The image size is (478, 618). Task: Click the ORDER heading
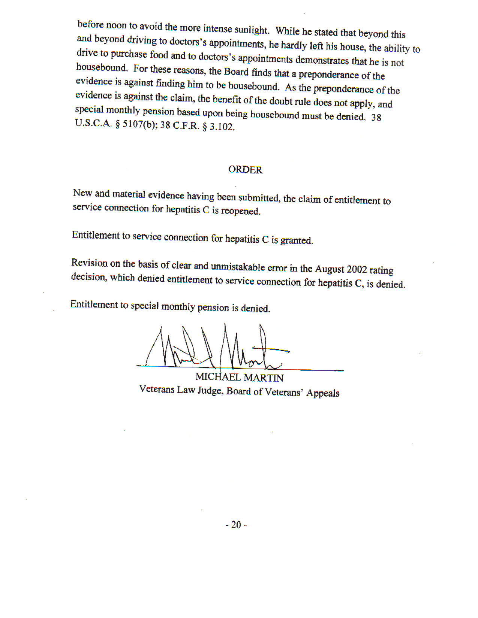(x=245, y=170)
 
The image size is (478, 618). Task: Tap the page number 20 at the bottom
(x=236, y=525)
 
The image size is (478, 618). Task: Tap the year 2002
(x=357, y=269)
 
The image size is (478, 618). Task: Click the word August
(x=329, y=269)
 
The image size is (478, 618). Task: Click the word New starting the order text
(x=81, y=193)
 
